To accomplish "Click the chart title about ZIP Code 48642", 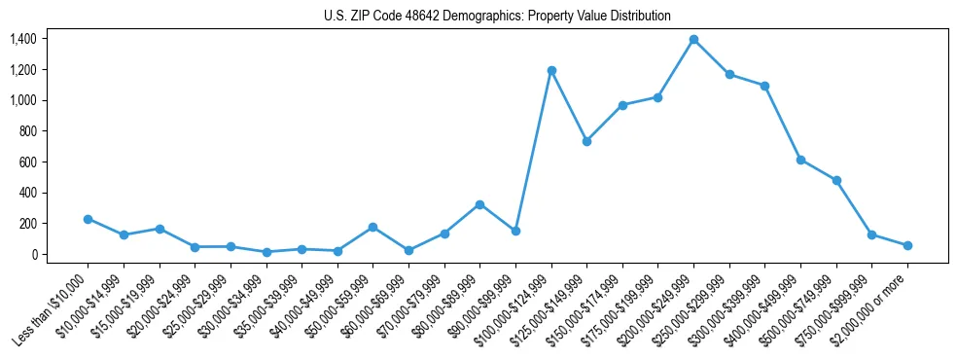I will [x=497, y=17].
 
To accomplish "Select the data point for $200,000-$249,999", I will [x=693, y=40].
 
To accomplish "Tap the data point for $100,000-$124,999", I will [x=551, y=71].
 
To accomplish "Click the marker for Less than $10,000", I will [x=88, y=220].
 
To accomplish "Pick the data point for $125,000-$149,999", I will [x=586, y=141].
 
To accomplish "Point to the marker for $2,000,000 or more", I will [x=907, y=246].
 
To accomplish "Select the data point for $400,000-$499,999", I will [x=800, y=160].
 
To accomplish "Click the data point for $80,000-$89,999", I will [x=479, y=204].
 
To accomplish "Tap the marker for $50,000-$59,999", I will [x=372, y=227].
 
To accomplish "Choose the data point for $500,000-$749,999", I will [x=836, y=181].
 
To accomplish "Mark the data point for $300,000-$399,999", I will [x=765, y=86].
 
